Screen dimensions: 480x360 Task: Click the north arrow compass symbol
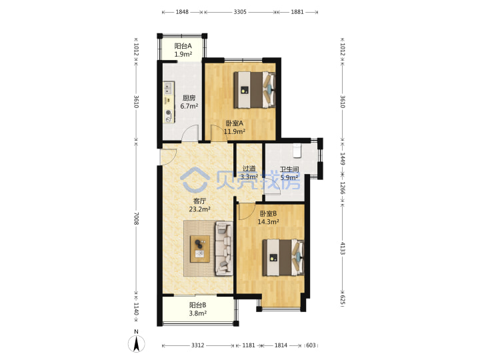136,343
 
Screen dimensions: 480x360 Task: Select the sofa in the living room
224,248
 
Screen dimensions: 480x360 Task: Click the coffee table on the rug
200,249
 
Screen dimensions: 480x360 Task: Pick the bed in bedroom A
255,90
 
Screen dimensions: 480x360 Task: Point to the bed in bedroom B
283,257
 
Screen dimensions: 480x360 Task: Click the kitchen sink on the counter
168,88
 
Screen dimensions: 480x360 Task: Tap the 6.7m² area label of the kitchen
189,106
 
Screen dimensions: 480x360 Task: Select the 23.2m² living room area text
199,209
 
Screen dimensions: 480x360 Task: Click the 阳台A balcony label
183,46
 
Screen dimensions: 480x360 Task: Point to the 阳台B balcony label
197,305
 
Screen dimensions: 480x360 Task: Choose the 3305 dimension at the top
240,12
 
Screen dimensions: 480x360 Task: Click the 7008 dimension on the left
136,219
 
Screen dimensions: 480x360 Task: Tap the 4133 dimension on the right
343,248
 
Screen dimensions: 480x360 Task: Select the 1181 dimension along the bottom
249,345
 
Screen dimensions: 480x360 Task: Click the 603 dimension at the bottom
311,345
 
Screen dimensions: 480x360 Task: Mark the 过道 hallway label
249,169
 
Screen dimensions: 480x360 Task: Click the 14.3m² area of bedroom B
268,221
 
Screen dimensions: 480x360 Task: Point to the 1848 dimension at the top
182,12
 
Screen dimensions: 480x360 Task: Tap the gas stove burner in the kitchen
168,113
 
